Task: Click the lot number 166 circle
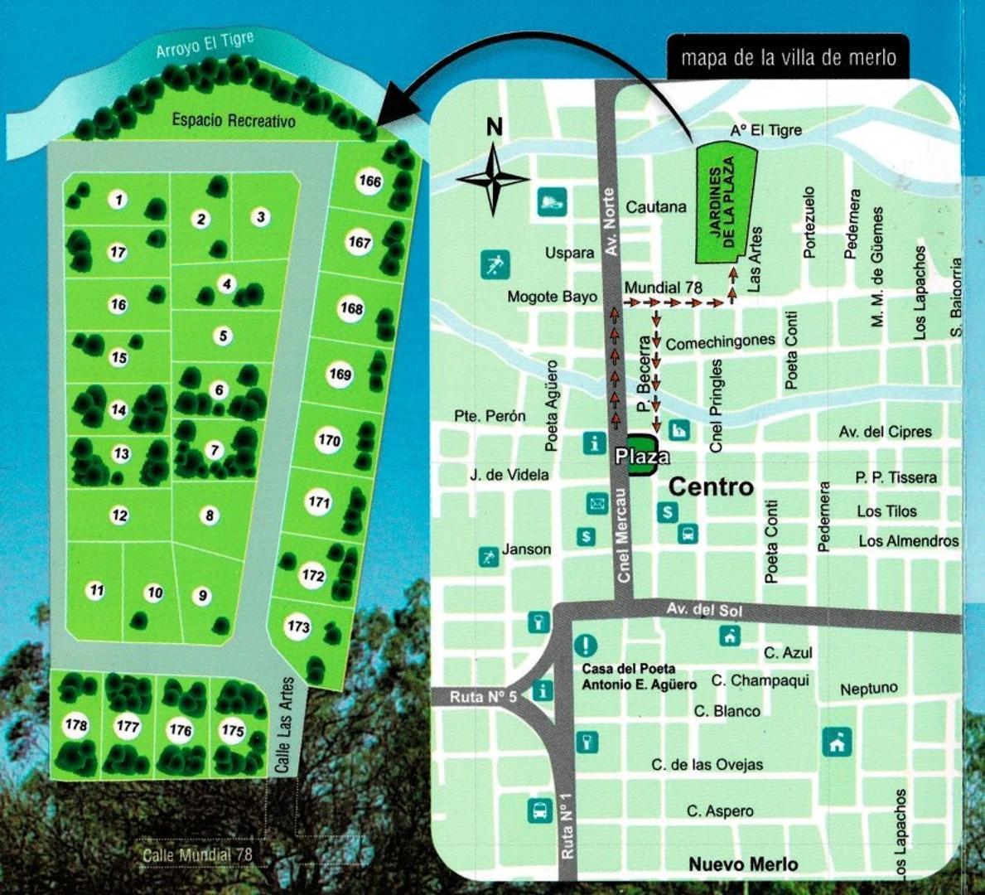coord(369,181)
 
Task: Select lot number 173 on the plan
coord(298,626)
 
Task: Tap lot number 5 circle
coord(222,336)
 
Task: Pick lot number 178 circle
coord(76,725)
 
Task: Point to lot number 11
coord(97,591)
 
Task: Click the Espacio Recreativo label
coord(233,121)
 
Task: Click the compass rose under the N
coord(493,178)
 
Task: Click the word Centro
coord(711,486)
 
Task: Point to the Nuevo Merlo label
coord(743,864)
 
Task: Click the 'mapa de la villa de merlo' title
coord(788,58)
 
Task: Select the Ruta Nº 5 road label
coord(483,697)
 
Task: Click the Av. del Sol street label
coord(703,611)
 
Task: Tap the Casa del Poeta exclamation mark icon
coord(586,644)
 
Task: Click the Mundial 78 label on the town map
coord(663,288)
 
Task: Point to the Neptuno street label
coord(868,689)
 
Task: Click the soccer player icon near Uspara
coord(495,266)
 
